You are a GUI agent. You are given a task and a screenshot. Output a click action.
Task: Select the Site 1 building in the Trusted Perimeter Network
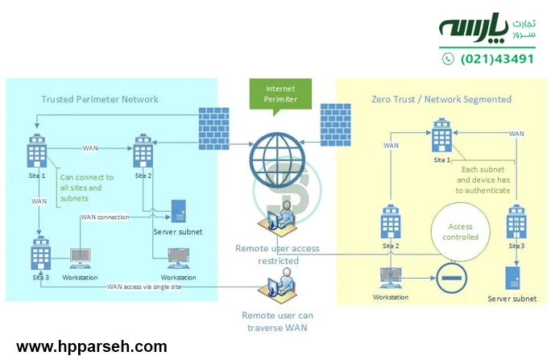pos(36,151)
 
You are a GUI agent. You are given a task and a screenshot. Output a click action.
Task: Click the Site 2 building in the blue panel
pos(144,151)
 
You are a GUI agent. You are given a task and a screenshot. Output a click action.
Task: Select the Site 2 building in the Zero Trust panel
pos(391,221)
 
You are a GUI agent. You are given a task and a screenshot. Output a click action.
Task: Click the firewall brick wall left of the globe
pos(213,124)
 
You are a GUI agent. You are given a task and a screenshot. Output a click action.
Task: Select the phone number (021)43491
pos(497,59)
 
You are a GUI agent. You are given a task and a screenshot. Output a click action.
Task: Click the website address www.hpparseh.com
pos(92,347)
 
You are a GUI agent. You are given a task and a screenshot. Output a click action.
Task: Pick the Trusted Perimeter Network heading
pos(100,99)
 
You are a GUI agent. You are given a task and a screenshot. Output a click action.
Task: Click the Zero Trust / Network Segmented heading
pos(441,99)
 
